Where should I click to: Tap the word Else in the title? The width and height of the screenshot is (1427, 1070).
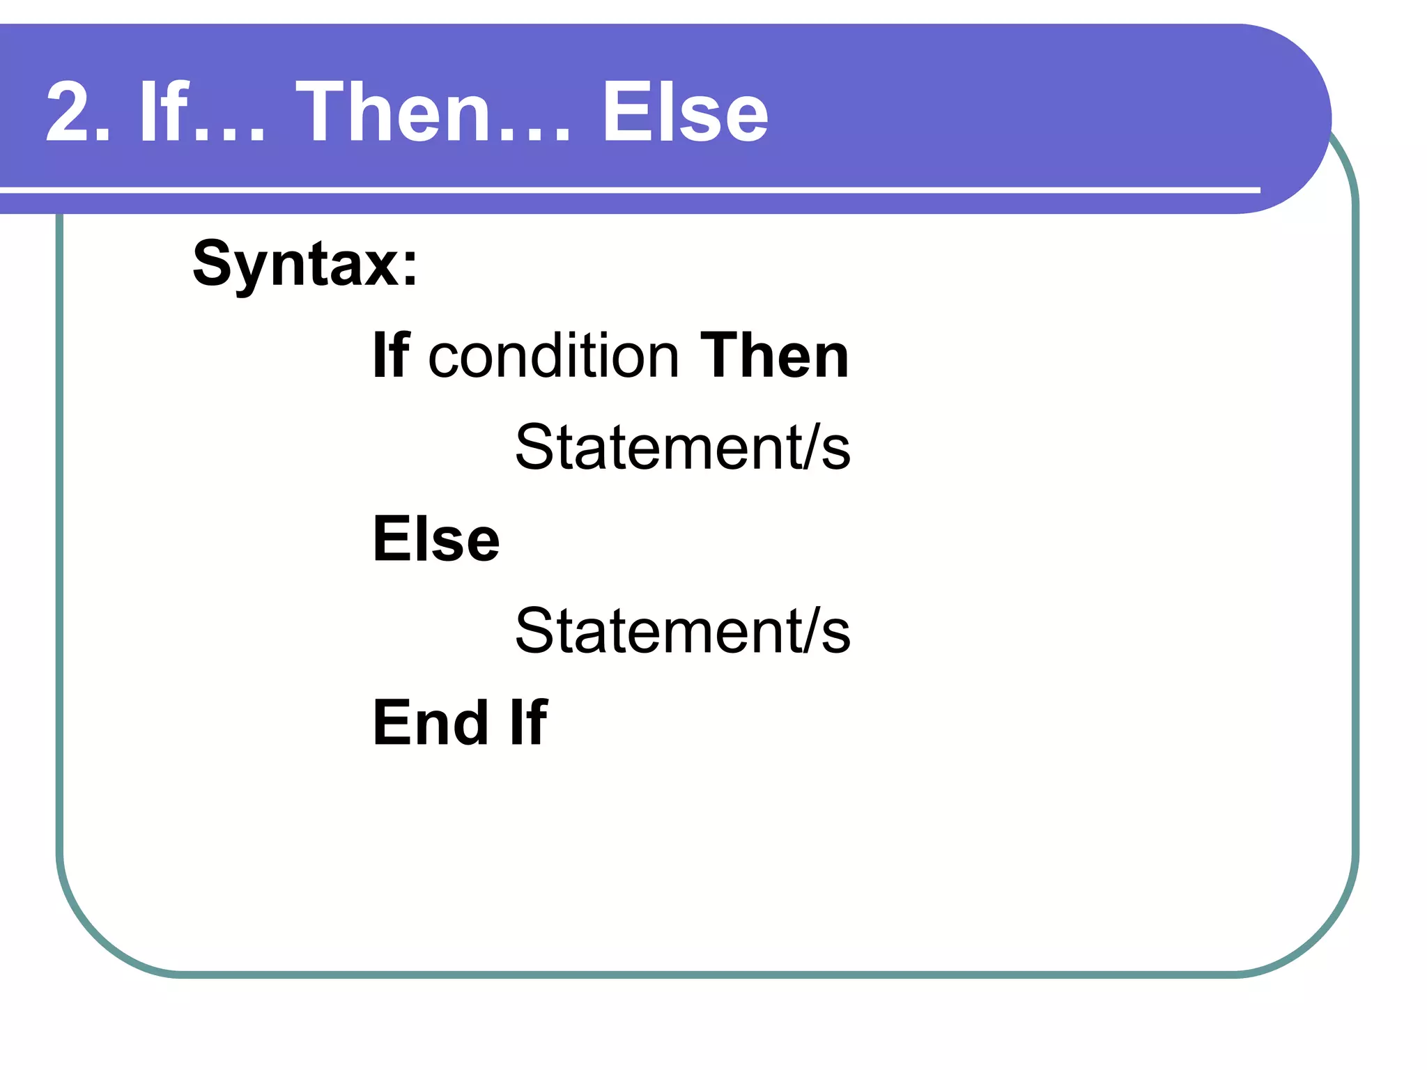click(684, 112)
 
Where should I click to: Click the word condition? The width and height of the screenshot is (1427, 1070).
click(553, 356)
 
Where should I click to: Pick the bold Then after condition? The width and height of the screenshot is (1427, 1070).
click(774, 356)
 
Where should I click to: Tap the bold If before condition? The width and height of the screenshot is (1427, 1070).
click(390, 356)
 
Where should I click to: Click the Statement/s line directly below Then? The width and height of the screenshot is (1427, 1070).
click(682, 447)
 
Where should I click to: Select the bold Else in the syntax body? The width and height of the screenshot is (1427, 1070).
click(436, 539)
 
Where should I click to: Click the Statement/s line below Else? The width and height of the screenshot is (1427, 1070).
click(682, 631)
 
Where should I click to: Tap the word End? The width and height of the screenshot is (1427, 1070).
click(430, 722)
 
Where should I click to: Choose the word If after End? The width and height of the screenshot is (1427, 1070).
click(528, 722)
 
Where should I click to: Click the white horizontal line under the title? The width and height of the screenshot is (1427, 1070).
click(627, 189)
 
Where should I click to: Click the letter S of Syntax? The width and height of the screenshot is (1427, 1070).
click(212, 263)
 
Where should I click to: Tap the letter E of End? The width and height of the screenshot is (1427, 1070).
click(389, 722)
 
